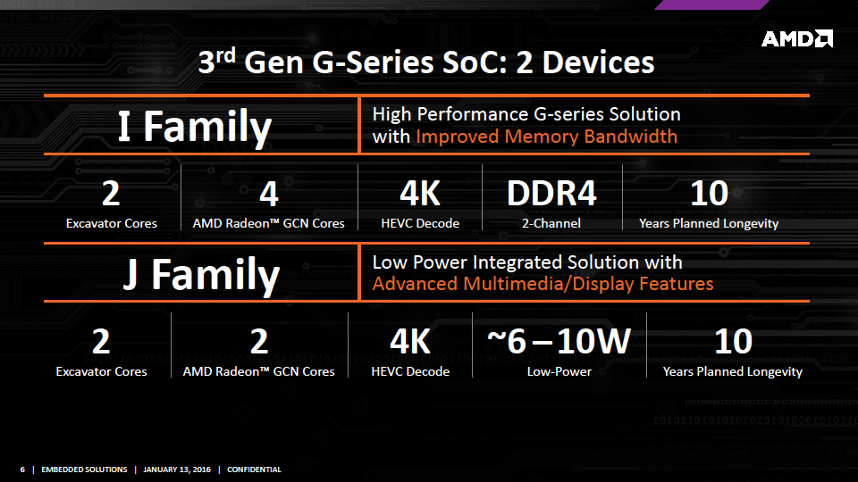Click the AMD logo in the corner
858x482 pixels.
796,38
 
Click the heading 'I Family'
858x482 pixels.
195,127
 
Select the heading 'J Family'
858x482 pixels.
201,275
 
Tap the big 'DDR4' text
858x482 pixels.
551,193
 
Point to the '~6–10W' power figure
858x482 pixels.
559,341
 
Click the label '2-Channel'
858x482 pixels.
551,223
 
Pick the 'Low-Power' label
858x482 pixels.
559,371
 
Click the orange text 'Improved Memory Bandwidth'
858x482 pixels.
547,137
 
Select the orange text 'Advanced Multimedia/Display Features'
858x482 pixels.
543,284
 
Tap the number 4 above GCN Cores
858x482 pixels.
269,194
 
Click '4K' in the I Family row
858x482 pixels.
420,193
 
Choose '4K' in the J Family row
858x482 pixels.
410,342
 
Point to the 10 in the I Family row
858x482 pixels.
709,193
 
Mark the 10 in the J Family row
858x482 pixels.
733,342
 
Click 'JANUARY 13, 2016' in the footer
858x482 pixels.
177,470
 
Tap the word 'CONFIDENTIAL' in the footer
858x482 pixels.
254,470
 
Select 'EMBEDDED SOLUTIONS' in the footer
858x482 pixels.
84,470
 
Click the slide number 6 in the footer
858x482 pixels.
22,470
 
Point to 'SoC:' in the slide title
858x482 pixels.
475,62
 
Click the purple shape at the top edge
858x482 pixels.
712,4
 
